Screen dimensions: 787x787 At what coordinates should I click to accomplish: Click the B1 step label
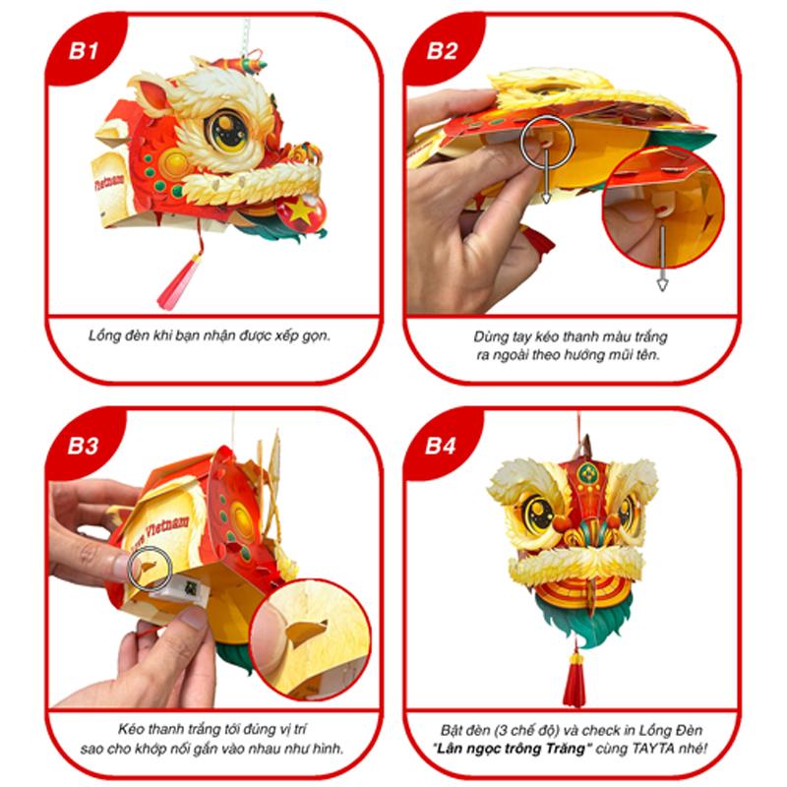point(84,51)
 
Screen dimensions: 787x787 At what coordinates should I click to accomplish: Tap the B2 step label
point(442,51)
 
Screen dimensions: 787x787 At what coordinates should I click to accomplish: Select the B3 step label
point(84,446)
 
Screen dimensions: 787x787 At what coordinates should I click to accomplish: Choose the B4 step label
point(441,446)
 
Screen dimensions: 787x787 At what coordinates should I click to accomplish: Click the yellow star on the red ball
point(300,210)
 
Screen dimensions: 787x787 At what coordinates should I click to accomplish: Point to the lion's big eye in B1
point(228,131)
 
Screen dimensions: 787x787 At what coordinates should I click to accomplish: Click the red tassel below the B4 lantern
point(575,678)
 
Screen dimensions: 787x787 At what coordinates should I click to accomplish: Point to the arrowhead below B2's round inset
point(662,285)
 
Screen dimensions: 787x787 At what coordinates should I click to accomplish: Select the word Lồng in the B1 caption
point(103,335)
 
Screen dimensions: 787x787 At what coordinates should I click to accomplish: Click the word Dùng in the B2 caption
point(487,336)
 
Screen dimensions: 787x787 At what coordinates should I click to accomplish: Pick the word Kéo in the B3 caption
point(131,729)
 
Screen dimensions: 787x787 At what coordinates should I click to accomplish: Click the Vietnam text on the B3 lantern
point(167,528)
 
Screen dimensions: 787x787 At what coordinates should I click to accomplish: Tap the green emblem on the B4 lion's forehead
point(586,474)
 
